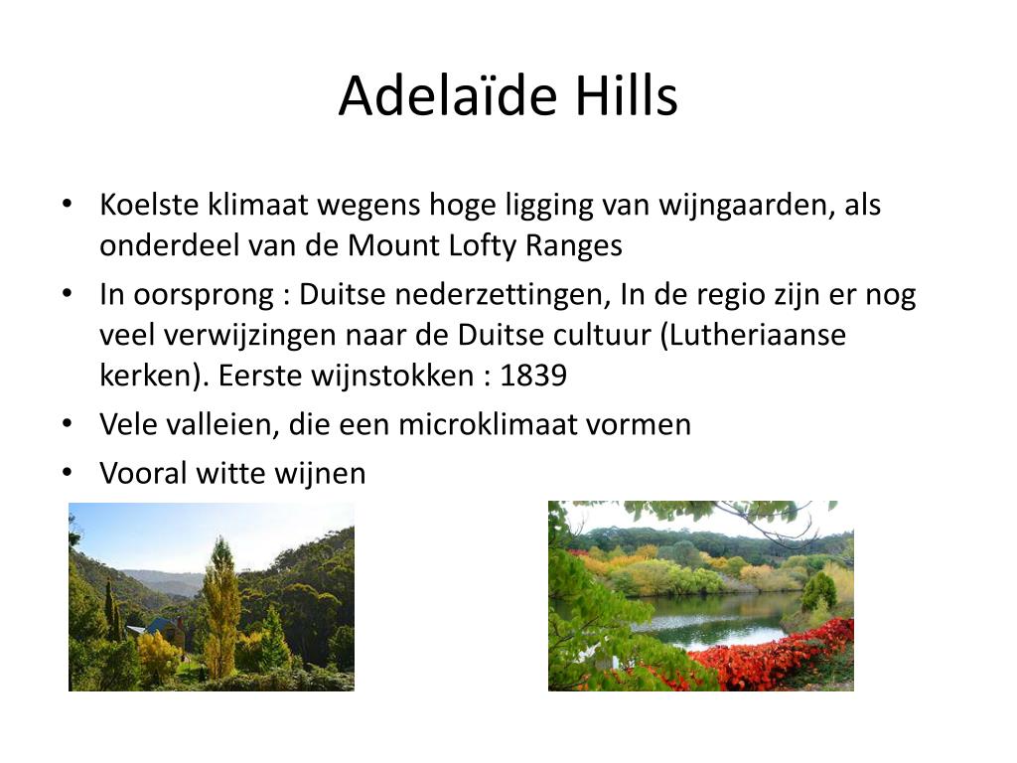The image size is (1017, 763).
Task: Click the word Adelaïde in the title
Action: (x=448, y=95)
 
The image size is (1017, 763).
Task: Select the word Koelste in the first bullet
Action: (x=149, y=205)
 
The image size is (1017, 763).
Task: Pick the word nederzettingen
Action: (x=504, y=295)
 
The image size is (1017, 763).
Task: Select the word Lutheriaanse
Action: (x=753, y=336)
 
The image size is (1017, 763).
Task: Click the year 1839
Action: (x=533, y=376)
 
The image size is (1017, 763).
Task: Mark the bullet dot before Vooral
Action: (x=68, y=473)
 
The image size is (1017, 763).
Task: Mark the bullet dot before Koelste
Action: (x=68, y=205)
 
